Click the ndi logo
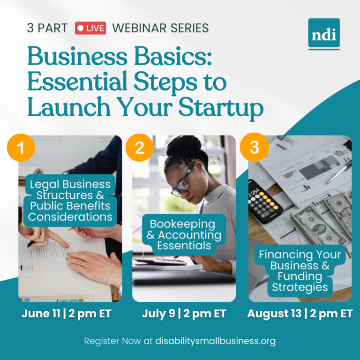324,34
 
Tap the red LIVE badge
90,28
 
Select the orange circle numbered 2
140,148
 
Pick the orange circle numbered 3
254,148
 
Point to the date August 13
273,314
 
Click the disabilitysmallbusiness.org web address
216,341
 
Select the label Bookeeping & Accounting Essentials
184,234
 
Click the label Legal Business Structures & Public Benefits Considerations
70,200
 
